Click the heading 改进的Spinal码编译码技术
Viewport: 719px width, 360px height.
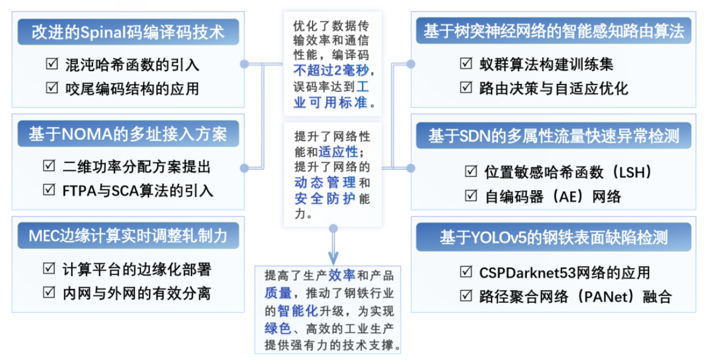(x=128, y=32)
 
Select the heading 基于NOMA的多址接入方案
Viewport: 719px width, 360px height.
(x=128, y=134)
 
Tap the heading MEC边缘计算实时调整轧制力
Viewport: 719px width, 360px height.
(x=128, y=236)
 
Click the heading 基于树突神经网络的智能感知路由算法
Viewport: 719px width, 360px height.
(x=554, y=31)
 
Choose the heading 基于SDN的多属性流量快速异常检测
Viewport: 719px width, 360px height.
(x=554, y=136)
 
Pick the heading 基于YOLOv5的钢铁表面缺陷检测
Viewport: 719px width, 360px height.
(x=554, y=238)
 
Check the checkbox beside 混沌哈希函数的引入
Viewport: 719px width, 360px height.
(x=52, y=63)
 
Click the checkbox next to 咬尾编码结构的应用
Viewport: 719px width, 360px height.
(x=52, y=87)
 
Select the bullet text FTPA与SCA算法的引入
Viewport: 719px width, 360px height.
(x=137, y=190)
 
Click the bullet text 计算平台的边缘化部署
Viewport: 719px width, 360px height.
(x=137, y=269)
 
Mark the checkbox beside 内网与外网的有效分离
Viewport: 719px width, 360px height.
(x=49, y=292)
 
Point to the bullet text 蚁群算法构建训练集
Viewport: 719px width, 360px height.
(x=546, y=64)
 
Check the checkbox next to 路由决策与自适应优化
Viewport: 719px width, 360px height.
(x=466, y=87)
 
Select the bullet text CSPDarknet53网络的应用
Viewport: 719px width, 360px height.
(x=564, y=272)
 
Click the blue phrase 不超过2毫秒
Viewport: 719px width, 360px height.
(x=331, y=71)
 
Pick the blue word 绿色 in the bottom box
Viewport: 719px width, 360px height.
(x=277, y=328)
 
